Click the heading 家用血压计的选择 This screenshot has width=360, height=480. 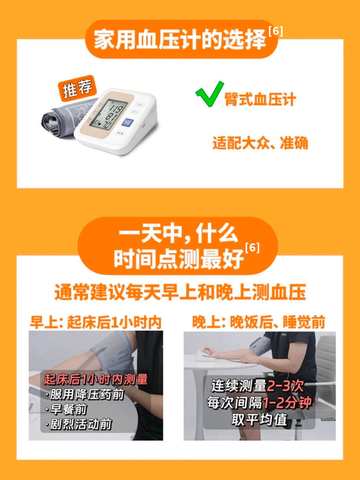pos(180,40)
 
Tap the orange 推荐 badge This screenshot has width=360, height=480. pos(77,88)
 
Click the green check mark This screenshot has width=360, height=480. pos(210,94)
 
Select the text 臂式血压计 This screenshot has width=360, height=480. pos(260,99)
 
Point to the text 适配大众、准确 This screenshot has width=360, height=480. pos(260,143)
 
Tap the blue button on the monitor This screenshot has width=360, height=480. pos(127,123)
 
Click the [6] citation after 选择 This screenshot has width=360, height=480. pos(275,31)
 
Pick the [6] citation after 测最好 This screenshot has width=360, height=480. pos(252,248)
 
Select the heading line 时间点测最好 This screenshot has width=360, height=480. pos(179,259)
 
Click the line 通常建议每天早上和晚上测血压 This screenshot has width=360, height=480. pos(180,293)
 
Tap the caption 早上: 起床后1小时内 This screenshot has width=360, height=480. pos(96,322)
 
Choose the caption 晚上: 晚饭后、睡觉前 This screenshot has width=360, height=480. pos(258,322)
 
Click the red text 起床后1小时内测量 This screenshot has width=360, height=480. pos(96,379)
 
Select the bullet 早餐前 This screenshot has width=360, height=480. pos(66,409)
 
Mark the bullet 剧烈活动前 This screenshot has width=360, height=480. pos(79,425)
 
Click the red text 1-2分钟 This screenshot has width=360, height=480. pos(287,403)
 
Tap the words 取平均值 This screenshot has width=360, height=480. pos(259,419)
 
